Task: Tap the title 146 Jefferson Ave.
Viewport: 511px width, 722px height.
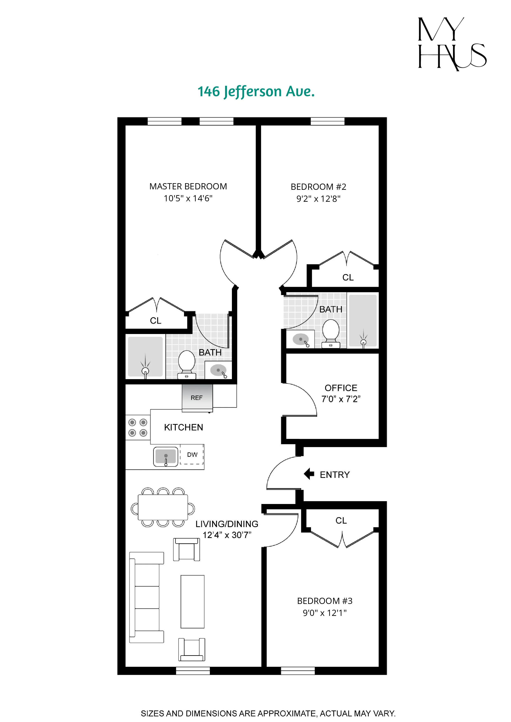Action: click(x=256, y=91)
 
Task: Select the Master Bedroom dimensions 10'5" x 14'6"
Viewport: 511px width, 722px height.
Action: click(x=188, y=198)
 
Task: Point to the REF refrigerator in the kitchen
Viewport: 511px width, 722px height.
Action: click(x=197, y=397)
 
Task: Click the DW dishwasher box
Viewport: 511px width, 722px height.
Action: click(x=192, y=454)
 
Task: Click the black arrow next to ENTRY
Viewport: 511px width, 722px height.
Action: click(x=309, y=474)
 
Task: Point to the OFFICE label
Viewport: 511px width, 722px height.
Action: click(x=341, y=388)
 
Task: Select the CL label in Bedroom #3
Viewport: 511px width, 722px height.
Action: click(x=341, y=520)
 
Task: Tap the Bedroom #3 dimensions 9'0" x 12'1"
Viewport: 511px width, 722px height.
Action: click(x=324, y=613)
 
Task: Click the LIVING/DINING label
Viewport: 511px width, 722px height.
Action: click(x=227, y=524)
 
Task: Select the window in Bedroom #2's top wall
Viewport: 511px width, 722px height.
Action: click(x=327, y=121)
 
